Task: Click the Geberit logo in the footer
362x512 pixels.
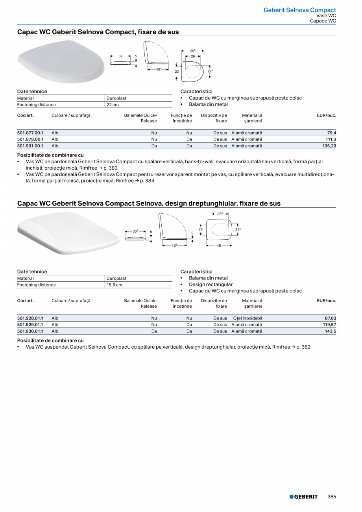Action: point(303,497)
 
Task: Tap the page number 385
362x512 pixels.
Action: point(332,497)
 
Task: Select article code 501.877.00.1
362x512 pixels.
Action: point(30,133)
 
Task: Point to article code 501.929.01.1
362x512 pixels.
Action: point(30,325)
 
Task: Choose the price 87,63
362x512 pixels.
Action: point(329,318)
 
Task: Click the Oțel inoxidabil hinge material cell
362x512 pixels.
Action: point(247,318)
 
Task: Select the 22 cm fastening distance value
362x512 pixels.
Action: point(113,105)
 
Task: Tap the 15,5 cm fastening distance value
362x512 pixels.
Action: point(115,285)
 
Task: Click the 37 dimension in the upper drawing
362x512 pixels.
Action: point(121,56)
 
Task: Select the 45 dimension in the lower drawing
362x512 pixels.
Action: point(219,246)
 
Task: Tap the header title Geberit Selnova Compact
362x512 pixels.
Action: point(299,10)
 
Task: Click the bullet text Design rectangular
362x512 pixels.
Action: point(211,285)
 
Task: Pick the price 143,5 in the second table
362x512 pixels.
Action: point(330,331)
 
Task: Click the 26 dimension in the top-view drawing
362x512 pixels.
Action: point(193,56)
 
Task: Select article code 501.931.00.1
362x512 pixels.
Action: point(30,146)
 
